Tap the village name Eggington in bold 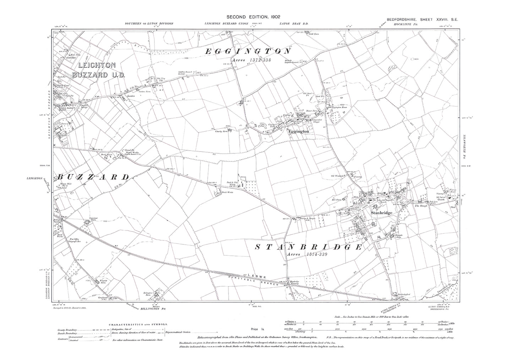299,131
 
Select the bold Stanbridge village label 381,213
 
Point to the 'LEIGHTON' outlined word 97,65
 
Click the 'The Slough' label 420,206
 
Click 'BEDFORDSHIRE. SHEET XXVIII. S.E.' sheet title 422,20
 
